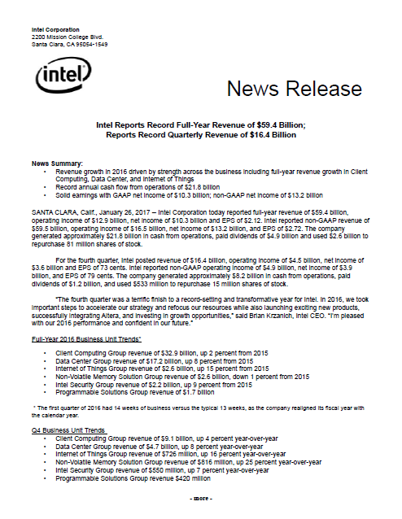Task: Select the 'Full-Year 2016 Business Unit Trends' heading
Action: pos(90,337)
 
